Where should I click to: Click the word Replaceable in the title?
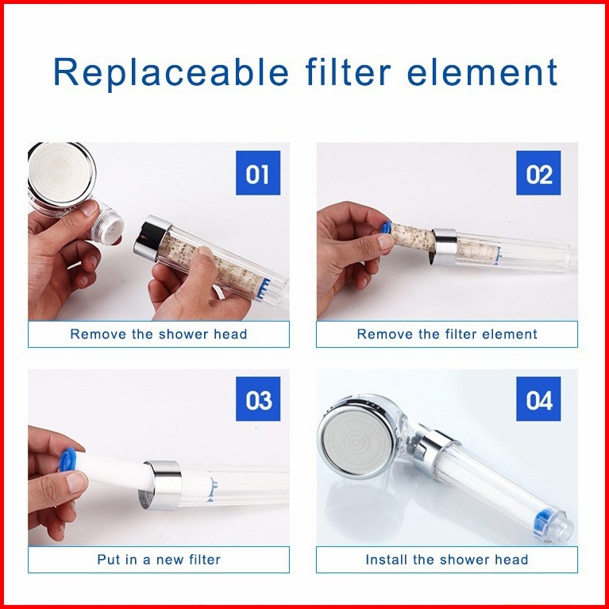click(171, 72)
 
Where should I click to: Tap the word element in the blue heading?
click(482, 72)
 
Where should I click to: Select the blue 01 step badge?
click(258, 173)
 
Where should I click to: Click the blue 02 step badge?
click(538, 173)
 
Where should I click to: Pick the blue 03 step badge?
click(258, 399)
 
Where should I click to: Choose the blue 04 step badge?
click(538, 399)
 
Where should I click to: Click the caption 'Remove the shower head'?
click(159, 334)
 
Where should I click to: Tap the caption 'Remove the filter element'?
click(447, 334)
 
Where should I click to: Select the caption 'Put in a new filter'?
click(159, 560)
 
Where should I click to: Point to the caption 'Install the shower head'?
click(447, 560)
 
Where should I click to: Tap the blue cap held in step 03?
click(67, 460)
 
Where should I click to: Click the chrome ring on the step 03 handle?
click(161, 484)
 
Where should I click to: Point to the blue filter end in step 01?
click(264, 288)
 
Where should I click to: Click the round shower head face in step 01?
click(61, 172)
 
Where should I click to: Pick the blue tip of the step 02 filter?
click(385, 227)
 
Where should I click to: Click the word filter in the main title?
click(348, 72)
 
